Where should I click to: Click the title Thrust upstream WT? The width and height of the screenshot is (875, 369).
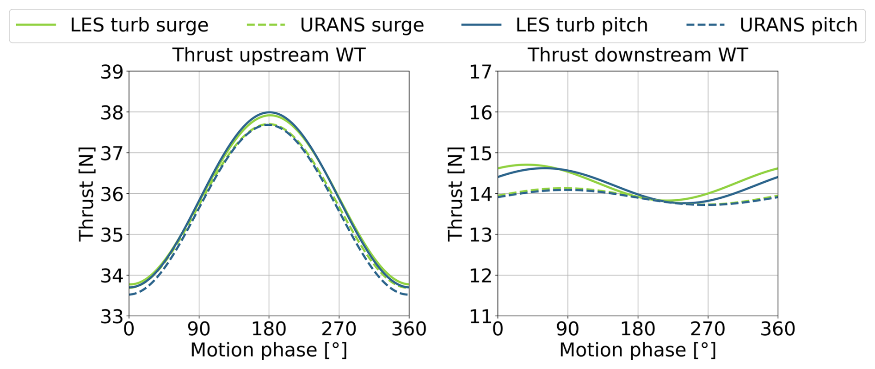pyautogui.click(x=269, y=55)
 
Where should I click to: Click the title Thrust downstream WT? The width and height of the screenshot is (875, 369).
pyautogui.click(x=637, y=55)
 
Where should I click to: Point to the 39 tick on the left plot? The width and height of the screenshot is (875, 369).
pyautogui.click(x=112, y=72)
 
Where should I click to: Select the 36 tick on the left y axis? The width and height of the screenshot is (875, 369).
pyautogui.click(x=112, y=194)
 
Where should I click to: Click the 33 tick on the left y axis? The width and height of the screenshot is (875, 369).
pyautogui.click(x=112, y=317)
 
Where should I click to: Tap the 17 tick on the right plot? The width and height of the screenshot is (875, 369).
pyautogui.click(x=481, y=72)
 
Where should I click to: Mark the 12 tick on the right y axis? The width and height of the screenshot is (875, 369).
pyautogui.click(x=481, y=276)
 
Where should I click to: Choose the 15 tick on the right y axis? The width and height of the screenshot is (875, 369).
pyautogui.click(x=481, y=154)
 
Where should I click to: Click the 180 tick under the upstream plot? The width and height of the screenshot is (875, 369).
pyautogui.click(x=269, y=329)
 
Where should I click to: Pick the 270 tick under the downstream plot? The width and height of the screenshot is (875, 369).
pyautogui.click(x=708, y=329)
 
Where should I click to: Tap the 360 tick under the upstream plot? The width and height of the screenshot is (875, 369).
pyautogui.click(x=409, y=329)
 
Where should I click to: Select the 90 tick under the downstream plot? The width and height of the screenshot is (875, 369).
pyautogui.click(x=567, y=329)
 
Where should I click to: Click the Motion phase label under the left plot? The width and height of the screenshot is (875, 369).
pyautogui.click(x=269, y=350)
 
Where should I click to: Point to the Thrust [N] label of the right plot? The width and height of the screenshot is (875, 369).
pyautogui.click(x=456, y=194)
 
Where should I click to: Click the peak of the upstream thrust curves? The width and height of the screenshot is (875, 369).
pyautogui.click(x=269, y=113)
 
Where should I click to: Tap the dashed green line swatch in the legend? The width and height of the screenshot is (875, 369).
pyautogui.click(x=266, y=25)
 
